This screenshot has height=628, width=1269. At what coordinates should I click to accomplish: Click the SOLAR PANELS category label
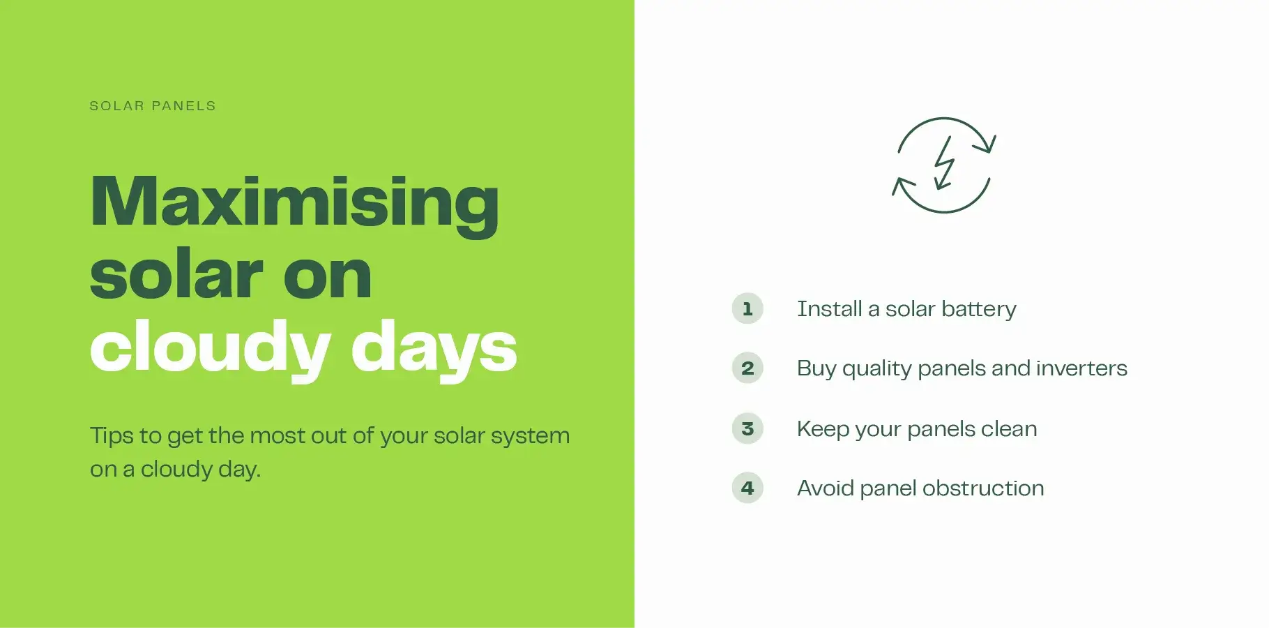(153, 106)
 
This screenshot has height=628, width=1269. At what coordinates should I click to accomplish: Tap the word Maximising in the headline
(294, 203)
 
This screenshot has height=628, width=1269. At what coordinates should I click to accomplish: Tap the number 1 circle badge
(747, 308)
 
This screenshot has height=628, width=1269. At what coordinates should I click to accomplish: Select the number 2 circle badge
(747, 368)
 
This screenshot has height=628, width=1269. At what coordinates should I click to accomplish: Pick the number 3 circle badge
(747, 428)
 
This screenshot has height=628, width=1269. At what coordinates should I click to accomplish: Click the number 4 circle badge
(747, 488)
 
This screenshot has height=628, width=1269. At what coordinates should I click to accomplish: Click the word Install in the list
(829, 308)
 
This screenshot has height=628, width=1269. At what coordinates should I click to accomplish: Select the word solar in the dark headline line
(176, 275)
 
